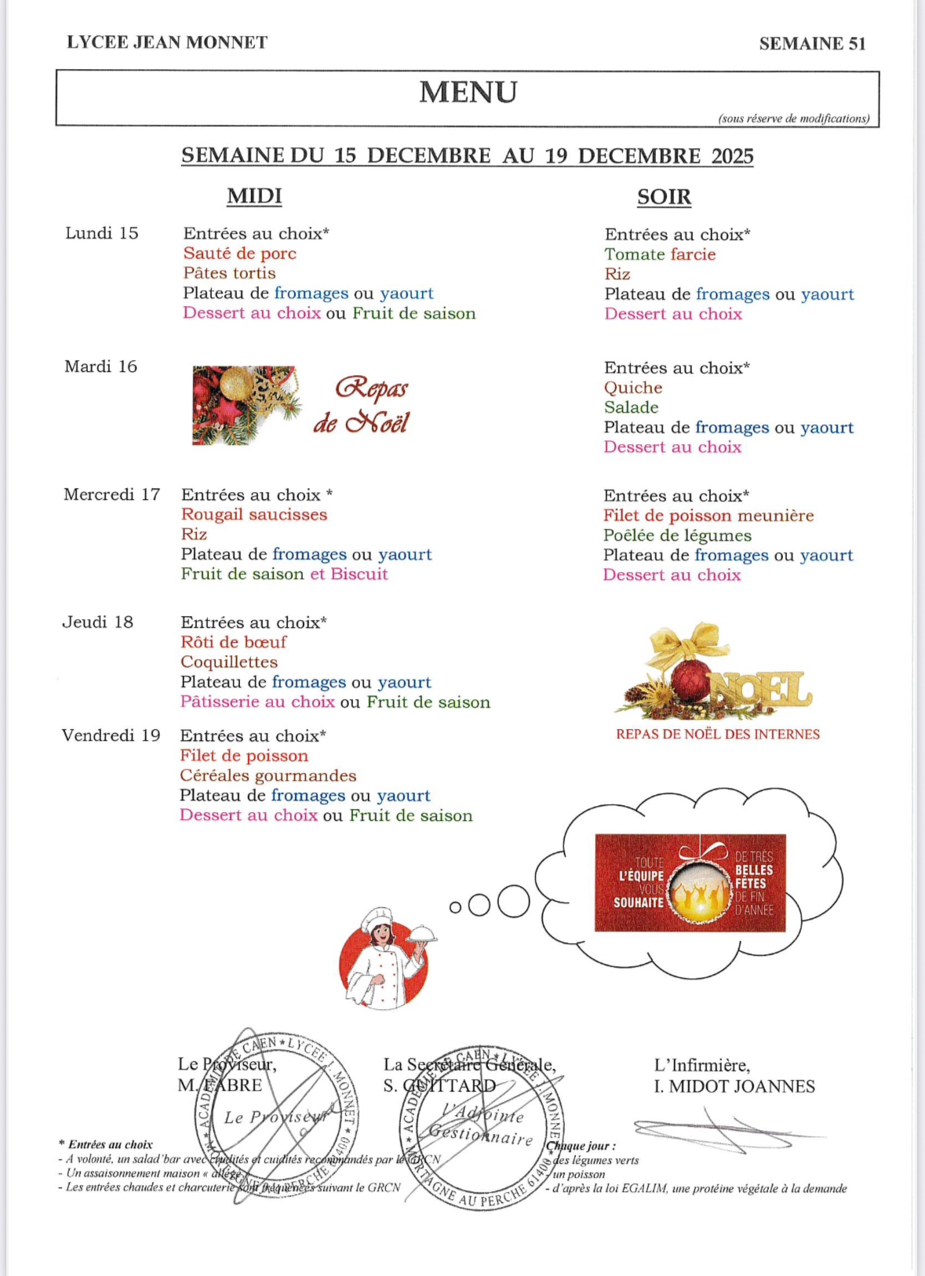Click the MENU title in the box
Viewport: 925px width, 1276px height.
pyautogui.click(x=468, y=93)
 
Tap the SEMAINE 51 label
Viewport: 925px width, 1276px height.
pyautogui.click(x=812, y=44)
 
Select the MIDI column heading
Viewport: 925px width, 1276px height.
pyautogui.click(x=254, y=196)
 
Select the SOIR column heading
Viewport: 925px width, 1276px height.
pyautogui.click(x=664, y=197)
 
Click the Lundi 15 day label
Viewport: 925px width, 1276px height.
pyautogui.click(x=102, y=233)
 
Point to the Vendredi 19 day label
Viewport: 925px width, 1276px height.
pyautogui.click(x=111, y=735)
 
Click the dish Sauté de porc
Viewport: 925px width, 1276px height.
pyautogui.click(x=239, y=253)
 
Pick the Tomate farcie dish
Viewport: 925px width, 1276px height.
pyautogui.click(x=660, y=254)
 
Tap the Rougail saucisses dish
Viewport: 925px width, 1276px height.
pyautogui.click(x=254, y=515)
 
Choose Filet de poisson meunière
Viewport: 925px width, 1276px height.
pyautogui.click(x=708, y=516)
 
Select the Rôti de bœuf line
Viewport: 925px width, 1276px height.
pyautogui.click(x=234, y=642)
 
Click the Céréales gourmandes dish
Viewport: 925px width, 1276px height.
pyautogui.click(x=268, y=775)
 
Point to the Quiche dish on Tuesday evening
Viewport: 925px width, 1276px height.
pyautogui.click(x=633, y=388)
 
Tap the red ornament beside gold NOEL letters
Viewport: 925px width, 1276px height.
pyautogui.click(x=688, y=680)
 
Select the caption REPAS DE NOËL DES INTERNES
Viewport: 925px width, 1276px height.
pyautogui.click(x=717, y=735)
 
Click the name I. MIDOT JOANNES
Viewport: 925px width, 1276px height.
pyautogui.click(x=734, y=1086)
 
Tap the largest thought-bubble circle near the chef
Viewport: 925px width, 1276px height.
pyautogui.click(x=513, y=902)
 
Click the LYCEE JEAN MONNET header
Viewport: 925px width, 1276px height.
pyautogui.click(x=167, y=42)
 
